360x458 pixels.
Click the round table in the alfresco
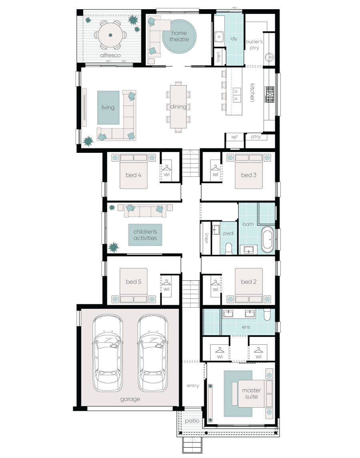110,35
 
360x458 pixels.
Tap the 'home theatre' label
179,36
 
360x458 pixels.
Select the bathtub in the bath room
267,240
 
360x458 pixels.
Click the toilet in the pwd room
229,249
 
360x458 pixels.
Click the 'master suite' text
251,393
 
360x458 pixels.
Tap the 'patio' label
192,421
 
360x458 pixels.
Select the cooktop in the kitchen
269,95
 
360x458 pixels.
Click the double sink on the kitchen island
237,95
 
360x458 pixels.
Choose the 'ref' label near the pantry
234,137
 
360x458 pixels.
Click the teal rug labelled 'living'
108,107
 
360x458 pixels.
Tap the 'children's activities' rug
145,235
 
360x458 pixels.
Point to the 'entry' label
193,386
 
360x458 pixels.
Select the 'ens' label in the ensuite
246,327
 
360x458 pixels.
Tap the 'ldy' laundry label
234,39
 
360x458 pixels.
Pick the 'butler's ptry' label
254,44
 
